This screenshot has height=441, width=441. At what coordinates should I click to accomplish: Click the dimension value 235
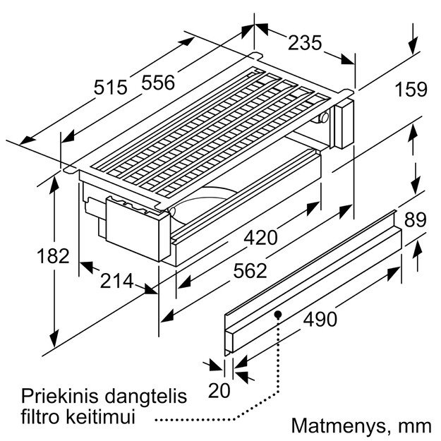click(x=305, y=43)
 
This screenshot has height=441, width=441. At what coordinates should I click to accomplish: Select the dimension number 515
click(x=111, y=87)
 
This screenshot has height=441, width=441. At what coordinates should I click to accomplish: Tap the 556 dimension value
click(x=158, y=83)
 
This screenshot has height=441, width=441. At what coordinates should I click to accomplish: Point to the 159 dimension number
click(x=411, y=89)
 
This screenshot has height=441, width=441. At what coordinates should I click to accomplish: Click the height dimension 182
click(x=53, y=256)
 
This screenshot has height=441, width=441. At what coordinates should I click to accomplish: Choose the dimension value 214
click(x=116, y=281)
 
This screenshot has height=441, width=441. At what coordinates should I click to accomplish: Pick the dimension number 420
click(x=260, y=237)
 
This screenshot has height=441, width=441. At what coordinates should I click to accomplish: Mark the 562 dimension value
click(x=250, y=270)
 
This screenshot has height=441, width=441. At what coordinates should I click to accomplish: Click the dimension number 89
click(x=416, y=219)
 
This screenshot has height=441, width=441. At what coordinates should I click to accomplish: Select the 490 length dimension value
click(x=320, y=319)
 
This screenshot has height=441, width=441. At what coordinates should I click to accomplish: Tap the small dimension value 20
click(x=219, y=390)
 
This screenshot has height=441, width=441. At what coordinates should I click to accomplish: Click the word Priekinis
click(x=60, y=396)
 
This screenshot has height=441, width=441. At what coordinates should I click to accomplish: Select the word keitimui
click(x=101, y=417)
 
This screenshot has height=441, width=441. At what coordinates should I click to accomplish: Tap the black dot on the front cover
click(x=278, y=315)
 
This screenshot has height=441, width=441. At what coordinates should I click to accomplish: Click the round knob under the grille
click(x=322, y=118)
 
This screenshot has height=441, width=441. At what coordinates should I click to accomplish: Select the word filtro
click(x=42, y=417)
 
